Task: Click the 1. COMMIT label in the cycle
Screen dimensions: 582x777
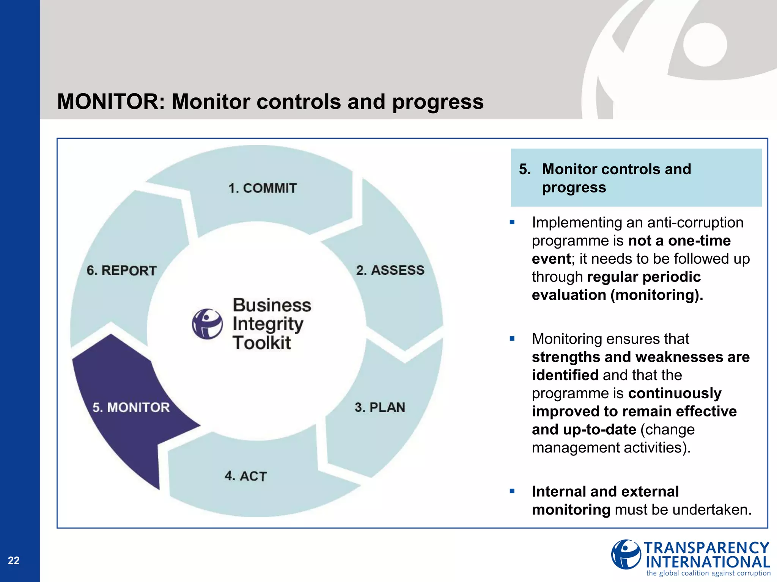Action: (x=262, y=188)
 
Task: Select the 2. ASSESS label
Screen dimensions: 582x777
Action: (x=390, y=270)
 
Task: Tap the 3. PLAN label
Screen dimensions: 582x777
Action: (x=380, y=407)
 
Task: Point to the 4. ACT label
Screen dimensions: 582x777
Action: (x=246, y=476)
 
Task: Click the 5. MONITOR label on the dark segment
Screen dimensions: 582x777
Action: (x=131, y=407)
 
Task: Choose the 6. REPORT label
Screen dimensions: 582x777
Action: (x=121, y=271)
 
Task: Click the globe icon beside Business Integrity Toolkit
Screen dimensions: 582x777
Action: (x=207, y=324)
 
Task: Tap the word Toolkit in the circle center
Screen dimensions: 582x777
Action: (x=262, y=343)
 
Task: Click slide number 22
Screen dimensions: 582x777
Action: (x=14, y=560)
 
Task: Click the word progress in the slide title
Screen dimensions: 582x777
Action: (x=438, y=102)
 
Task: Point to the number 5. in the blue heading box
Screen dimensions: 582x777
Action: (x=525, y=169)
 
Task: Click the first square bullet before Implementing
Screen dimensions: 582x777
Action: (x=512, y=222)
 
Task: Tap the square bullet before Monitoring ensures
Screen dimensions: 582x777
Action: (x=512, y=339)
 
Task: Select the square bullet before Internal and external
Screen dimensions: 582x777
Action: (x=512, y=491)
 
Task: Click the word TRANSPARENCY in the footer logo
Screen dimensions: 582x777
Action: (x=706, y=548)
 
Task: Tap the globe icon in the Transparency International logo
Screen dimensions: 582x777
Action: (x=626, y=554)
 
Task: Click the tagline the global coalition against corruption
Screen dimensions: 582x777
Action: (x=708, y=573)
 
